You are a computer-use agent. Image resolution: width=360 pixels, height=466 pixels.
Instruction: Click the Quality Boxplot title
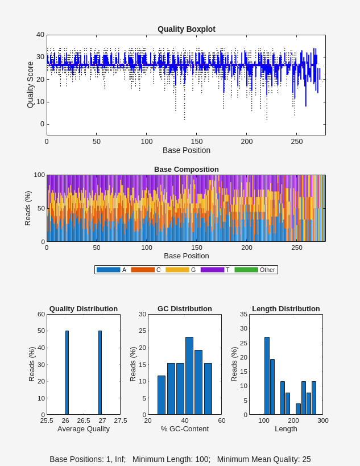(x=186, y=29)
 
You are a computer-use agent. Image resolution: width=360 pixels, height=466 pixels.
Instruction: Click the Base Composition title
(x=186, y=169)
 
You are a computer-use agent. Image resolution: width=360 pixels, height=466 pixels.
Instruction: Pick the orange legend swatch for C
(x=143, y=270)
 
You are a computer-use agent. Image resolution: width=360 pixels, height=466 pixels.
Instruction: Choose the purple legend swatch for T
(x=212, y=270)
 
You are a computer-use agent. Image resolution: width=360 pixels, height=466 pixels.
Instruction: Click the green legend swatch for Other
(x=246, y=270)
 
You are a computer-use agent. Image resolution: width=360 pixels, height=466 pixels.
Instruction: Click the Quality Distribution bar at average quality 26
(x=67, y=372)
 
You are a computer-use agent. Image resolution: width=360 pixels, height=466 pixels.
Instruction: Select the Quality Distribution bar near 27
(x=100, y=372)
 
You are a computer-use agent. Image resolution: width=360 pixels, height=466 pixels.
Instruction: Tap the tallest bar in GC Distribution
(x=189, y=376)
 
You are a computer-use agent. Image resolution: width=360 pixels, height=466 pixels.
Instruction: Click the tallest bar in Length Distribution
(x=267, y=376)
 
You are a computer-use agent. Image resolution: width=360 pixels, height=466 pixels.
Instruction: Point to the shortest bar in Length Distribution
(x=298, y=409)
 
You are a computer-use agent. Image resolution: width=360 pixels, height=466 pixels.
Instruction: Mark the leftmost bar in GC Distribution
(x=162, y=395)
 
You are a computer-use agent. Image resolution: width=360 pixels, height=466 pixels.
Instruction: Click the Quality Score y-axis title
(x=31, y=85)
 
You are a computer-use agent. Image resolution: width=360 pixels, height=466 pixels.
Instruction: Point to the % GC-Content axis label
(x=185, y=429)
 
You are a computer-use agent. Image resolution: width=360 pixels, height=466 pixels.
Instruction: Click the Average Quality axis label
(x=84, y=429)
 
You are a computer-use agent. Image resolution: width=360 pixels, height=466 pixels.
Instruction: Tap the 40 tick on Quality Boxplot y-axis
(x=40, y=35)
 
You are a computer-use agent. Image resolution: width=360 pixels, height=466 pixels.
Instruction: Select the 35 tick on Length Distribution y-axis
(x=243, y=314)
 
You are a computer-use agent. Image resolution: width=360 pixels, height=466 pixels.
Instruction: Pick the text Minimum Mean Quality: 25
(x=264, y=459)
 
